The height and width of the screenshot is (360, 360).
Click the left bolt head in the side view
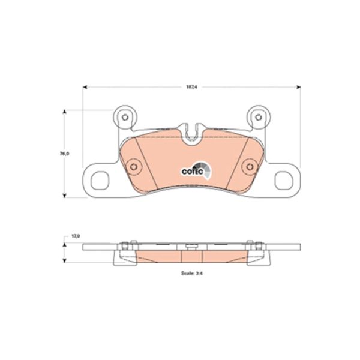tap(124, 246)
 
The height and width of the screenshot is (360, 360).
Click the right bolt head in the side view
tap(259, 246)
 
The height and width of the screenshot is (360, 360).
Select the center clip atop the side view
tap(191, 246)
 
